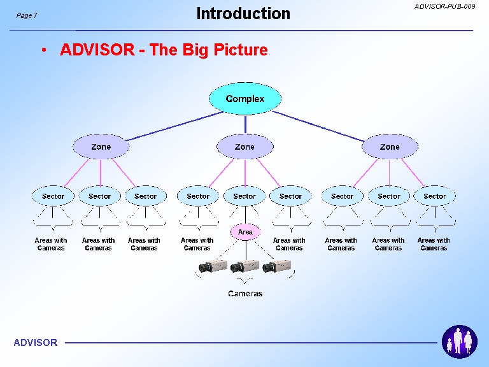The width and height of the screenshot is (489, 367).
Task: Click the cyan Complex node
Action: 244,99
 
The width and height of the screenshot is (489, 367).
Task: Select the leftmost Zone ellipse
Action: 101,147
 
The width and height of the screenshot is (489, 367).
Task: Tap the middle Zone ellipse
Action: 244,147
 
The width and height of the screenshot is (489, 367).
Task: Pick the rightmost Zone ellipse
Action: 390,147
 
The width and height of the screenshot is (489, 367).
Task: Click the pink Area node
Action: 245,232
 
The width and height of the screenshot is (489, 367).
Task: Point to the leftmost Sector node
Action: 53,196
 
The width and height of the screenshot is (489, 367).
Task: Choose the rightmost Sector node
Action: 434,196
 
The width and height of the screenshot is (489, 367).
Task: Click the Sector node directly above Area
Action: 244,196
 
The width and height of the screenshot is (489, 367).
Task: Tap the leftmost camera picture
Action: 213,266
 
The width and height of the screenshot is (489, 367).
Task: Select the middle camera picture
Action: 244,266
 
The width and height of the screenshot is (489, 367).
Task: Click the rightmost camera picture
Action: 277,266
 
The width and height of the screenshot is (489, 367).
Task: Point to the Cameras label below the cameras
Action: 245,293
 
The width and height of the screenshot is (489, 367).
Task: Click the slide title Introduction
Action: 243,14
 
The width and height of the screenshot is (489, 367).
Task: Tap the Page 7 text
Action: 27,15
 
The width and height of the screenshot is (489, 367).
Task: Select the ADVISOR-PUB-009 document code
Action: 444,6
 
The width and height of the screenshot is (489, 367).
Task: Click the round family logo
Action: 459,342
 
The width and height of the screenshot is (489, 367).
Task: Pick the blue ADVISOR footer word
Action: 36,343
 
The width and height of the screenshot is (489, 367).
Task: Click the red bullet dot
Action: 44,50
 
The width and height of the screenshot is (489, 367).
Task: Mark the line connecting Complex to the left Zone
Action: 175,126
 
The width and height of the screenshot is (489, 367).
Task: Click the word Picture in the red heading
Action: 241,50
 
